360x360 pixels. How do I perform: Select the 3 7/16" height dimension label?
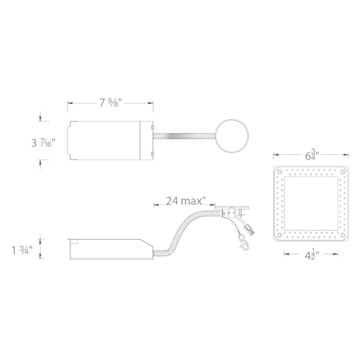pyautogui.click(x=44, y=143)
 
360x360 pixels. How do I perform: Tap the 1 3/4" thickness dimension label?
pyautogui.click(x=22, y=250)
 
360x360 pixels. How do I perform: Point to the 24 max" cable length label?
pyautogui.click(x=185, y=201)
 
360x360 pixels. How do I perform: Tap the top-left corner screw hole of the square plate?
pyautogui.click(x=279, y=172)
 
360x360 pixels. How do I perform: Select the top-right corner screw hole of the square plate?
pyautogui.click(x=342, y=172)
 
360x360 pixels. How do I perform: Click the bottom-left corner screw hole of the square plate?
pyautogui.click(x=279, y=235)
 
